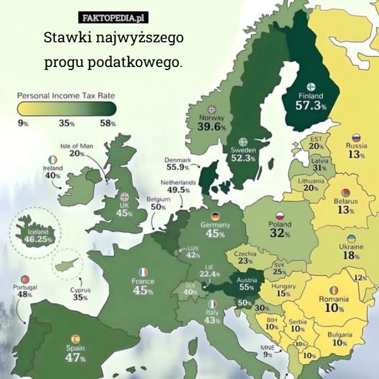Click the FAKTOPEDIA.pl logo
click(x=114, y=18)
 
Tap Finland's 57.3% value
click(x=311, y=105)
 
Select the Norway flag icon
click(x=212, y=109)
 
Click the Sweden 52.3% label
click(x=243, y=154)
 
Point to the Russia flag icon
click(x=356, y=137)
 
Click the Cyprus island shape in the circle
click(x=67, y=265)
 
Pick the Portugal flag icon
click(x=25, y=279)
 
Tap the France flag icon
click(x=143, y=272)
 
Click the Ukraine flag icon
click(x=351, y=239)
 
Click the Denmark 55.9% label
click(x=177, y=164)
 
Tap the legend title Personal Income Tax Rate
click(x=66, y=95)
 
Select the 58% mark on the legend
click(x=107, y=123)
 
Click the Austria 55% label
click(x=246, y=282)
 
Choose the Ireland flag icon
click(x=52, y=160)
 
